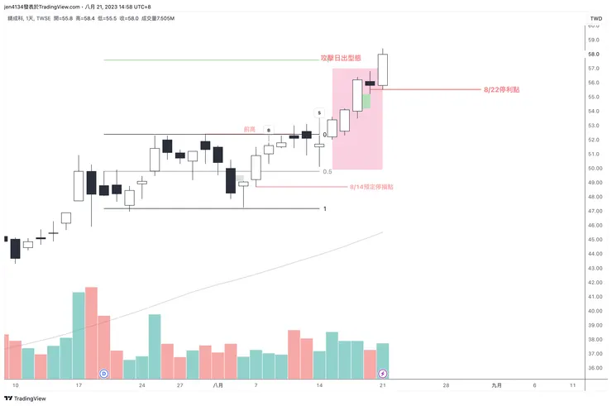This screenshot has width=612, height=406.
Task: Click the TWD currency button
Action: coord(595,18)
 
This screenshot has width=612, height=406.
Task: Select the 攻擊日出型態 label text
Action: coord(341,59)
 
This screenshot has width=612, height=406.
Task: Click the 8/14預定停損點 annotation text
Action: coord(371,187)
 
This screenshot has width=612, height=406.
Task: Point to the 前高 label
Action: coord(248,129)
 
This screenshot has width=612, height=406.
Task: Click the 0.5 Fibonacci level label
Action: coord(327,172)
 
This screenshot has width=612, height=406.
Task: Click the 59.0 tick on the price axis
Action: coord(593,40)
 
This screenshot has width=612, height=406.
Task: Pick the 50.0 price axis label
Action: coord(593,168)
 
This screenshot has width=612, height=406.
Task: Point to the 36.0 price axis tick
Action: coord(593,368)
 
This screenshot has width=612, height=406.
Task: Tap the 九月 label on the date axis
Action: coord(496,385)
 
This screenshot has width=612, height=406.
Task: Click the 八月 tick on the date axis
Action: coord(218,385)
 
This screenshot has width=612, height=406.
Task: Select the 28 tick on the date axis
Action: coord(446,385)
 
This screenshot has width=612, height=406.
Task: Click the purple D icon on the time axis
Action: coord(104,374)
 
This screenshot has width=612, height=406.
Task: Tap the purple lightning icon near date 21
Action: coord(382,374)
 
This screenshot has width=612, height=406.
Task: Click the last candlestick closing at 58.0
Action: coord(383,69)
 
